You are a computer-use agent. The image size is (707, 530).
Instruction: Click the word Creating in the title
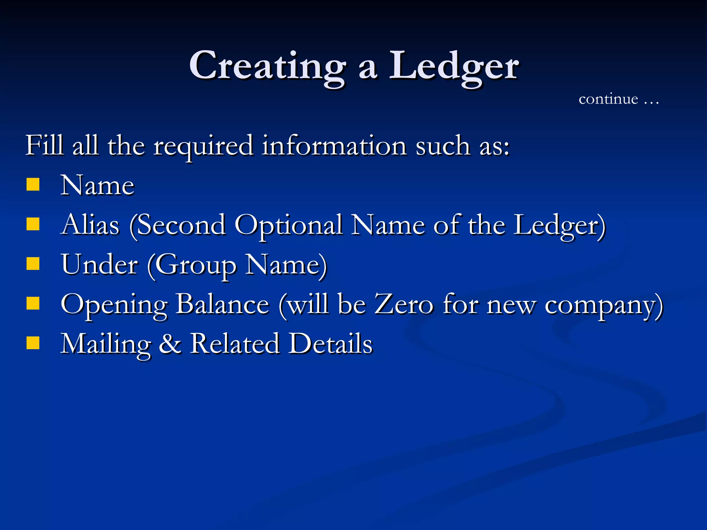point(268,66)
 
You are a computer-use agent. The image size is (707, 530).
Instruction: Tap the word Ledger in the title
point(454,66)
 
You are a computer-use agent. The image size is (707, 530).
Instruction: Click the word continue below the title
point(608,99)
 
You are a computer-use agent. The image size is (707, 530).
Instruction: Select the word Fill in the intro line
point(45,145)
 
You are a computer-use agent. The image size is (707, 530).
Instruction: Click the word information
point(334,145)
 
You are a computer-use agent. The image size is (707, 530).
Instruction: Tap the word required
point(204,147)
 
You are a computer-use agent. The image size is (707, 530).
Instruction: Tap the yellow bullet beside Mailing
point(33,343)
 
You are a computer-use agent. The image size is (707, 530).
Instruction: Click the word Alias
point(90,225)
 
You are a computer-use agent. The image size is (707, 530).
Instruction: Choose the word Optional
point(289,226)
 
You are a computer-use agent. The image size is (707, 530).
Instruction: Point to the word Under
point(99,265)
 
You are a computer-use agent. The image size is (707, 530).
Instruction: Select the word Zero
point(404,304)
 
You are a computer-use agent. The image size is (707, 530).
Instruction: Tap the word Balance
point(222,304)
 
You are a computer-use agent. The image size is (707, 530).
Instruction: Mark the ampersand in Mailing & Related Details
point(170,344)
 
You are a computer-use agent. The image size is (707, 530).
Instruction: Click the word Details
point(331,344)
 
